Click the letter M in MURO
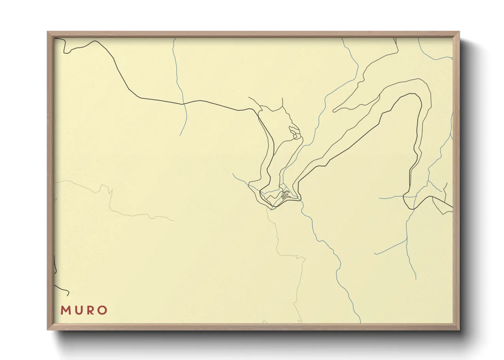pyautogui.click(x=65, y=310)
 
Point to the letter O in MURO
pyautogui.click(x=102, y=310)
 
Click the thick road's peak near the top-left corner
pyautogui.click(x=95, y=41)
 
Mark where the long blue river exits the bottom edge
pyautogui.click(x=360, y=322)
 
